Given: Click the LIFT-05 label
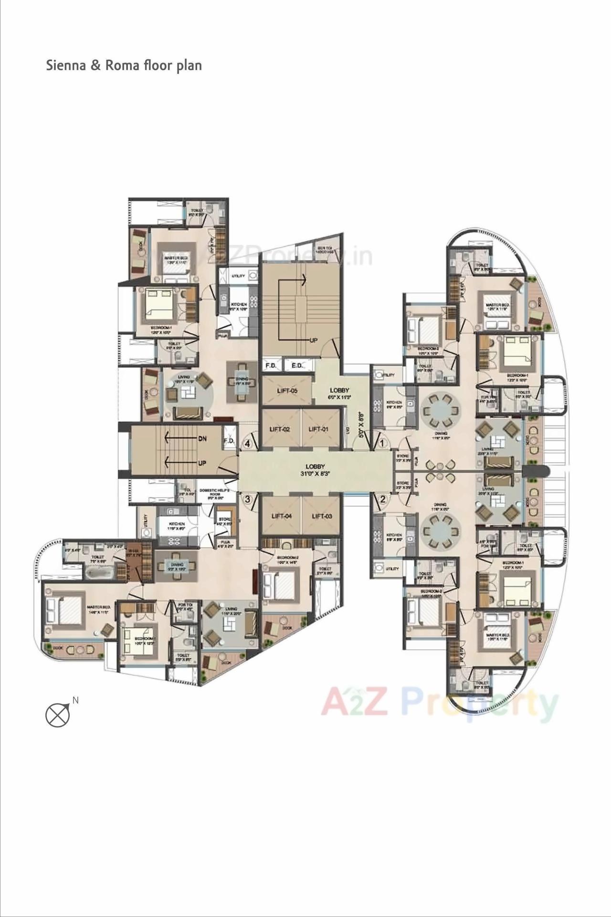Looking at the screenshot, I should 287,391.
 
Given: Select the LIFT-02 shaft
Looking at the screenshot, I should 280,429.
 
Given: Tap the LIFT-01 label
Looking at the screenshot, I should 318,429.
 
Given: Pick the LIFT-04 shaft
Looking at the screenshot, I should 281,516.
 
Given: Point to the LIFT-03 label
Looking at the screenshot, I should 322,516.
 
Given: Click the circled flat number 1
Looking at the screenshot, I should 382,443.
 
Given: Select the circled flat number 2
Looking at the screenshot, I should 382,501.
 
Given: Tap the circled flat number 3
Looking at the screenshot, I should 247,500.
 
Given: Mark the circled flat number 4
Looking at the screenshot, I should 247,443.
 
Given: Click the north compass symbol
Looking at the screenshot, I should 58,715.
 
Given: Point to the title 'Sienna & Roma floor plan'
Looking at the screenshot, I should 124,65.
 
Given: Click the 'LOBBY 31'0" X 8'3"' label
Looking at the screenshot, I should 316,470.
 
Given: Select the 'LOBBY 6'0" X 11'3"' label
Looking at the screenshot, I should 339,393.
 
